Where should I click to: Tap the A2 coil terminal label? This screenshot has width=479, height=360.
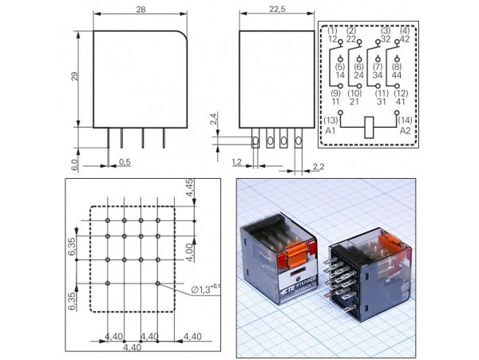406,130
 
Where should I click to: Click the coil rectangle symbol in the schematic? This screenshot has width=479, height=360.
369,127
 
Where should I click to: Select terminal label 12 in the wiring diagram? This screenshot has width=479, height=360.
331,38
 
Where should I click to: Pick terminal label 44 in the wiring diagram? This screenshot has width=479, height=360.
397,75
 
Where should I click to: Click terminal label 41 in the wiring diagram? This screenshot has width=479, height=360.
399,102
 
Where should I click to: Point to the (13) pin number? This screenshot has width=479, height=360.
331,120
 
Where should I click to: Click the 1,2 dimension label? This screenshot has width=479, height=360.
236,162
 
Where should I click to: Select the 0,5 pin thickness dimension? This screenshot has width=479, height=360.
125,162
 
